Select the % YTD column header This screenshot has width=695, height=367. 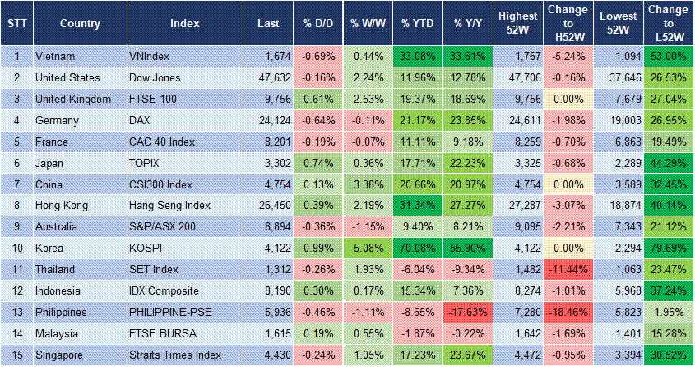(x=417, y=23)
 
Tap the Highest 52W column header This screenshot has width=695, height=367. (x=518, y=23)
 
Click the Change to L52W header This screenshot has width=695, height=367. (x=667, y=23)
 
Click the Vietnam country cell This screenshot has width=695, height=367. (x=54, y=56)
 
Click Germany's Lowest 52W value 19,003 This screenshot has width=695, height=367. (x=619, y=120)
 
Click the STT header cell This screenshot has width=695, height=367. (x=16, y=23)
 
